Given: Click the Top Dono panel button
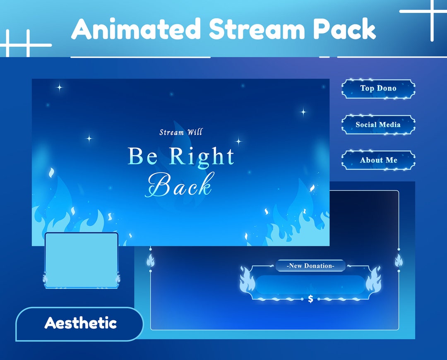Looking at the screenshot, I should point(378,89).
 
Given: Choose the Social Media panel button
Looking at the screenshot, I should point(378,125).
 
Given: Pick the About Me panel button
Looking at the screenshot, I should point(378,160).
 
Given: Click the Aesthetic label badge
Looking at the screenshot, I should point(80,323).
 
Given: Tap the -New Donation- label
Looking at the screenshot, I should point(310,266).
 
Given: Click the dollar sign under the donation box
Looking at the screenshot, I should point(310,299).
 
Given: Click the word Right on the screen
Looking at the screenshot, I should point(202,157).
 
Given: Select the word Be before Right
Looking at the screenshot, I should point(142,157).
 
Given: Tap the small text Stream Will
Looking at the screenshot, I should point(181,132).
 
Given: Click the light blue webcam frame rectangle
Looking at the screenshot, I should point(82,257).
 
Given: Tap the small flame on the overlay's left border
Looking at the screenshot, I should point(150,260).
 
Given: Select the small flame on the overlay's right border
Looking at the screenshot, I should point(399,260).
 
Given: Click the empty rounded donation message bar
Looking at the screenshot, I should point(310,284).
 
